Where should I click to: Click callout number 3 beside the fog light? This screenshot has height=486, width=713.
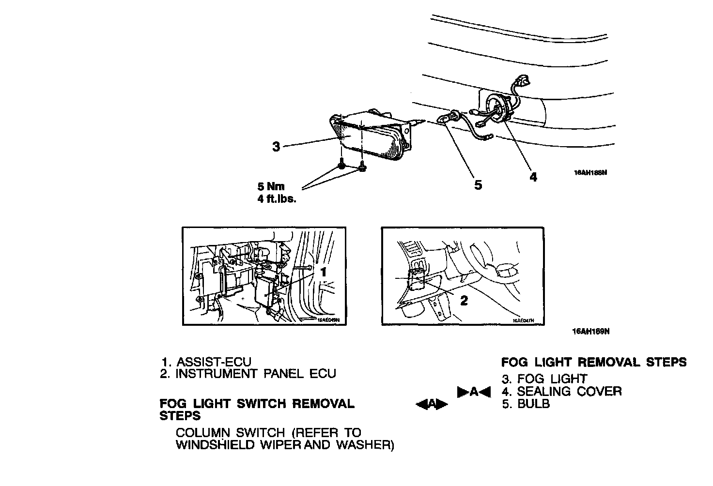click(276, 146)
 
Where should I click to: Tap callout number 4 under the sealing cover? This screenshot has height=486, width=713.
click(533, 177)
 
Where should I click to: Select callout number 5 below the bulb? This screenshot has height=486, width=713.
click(478, 184)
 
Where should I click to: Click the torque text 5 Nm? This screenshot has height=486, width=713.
click(272, 186)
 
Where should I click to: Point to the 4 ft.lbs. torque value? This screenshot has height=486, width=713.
click(277, 198)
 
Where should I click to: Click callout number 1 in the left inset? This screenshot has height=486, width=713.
click(324, 272)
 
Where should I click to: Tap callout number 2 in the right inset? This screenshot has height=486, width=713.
click(464, 301)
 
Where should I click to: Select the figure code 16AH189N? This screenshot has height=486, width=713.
click(590, 332)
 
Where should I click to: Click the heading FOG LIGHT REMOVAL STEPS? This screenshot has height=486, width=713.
click(593, 362)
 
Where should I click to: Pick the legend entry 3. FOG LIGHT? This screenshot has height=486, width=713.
click(544, 379)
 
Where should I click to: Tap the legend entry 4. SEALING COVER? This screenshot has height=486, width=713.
click(561, 391)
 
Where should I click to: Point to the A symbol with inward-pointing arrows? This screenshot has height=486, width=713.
click(474, 392)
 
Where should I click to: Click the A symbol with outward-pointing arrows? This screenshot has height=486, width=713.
click(432, 404)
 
